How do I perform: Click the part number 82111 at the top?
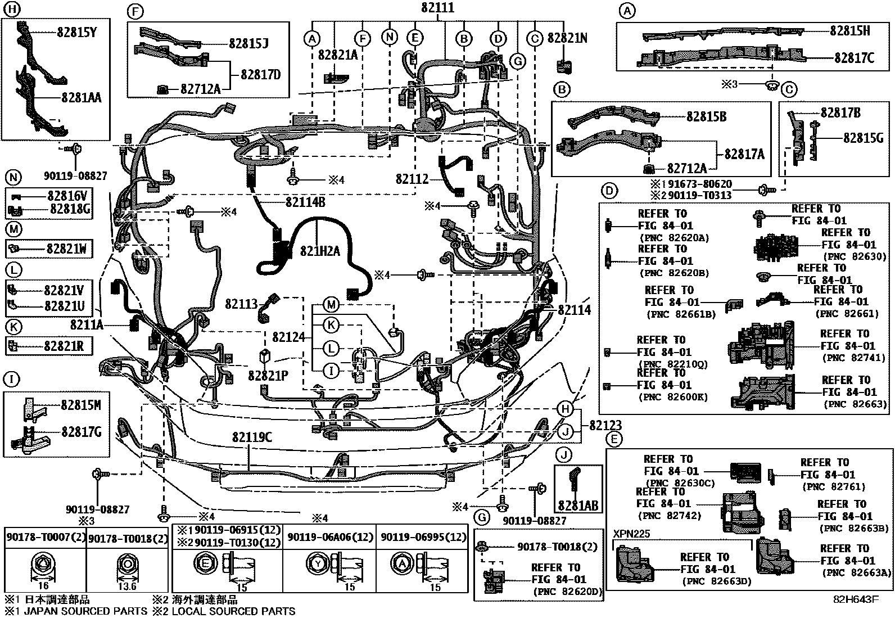pyautogui.click(x=437, y=8)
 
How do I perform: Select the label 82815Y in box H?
pyautogui.click(x=76, y=32)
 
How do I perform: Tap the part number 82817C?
pyautogui.click(x=855, y=58)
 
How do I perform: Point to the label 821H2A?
pyautogui.click(x=320, y=251)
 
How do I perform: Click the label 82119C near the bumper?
pyautogui.click(x=252, y=437)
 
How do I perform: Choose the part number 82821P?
pyautogui.click(x=268, y=376)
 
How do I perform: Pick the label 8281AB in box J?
pyautogui.click(x=578, y=506)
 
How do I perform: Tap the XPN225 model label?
pyautogui.click(x=632, y=534)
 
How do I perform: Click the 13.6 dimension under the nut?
pyautogui.click(x=127, y=587)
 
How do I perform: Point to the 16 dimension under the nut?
pyautogui.click(x=43, y=586)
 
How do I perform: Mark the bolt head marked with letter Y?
pyautogui.click(x=318, y=564)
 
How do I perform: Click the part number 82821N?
pyautogui.click(x=567, y=38)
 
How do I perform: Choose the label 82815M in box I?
pyautogui.click(x=81, y=405)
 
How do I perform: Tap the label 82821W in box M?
pyautogui.click(x=66, y=249)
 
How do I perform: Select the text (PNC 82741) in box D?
pyautogui.click(x=854, y=358)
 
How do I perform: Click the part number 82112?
pyautogui.click(x=412, y=179)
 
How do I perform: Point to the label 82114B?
pyautogui.click(x=305, y=202)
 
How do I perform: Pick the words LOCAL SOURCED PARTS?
pyautogui.click(x=233, y=611)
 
